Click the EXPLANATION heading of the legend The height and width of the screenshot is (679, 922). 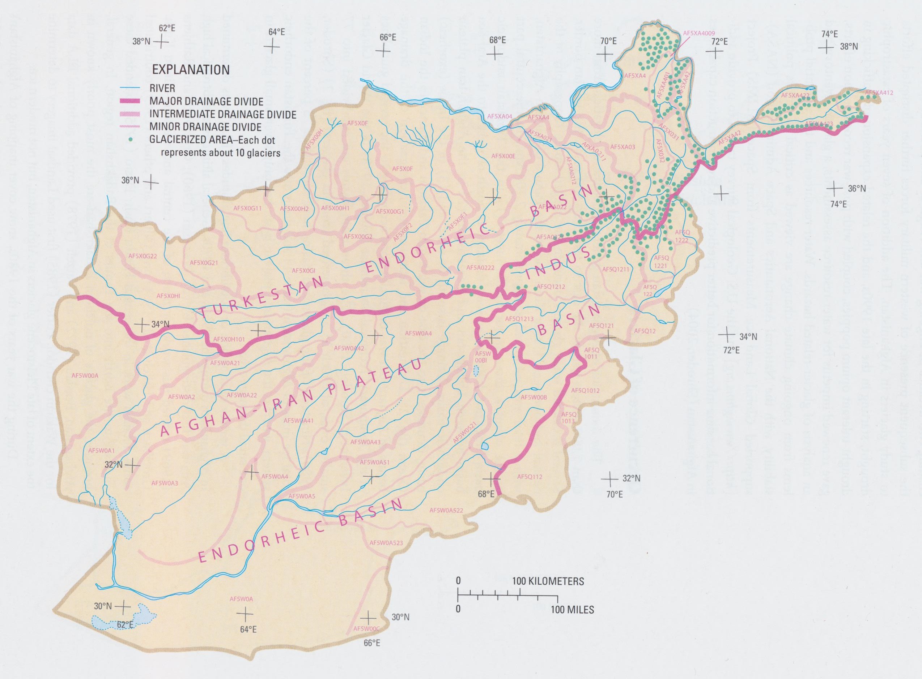click(x=191, y=69)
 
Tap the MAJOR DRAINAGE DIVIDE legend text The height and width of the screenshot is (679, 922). click(x=207, y=102)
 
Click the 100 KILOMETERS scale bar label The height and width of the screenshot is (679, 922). click(x=548, y=581)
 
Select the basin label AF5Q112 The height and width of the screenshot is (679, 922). click(x=530, y=477)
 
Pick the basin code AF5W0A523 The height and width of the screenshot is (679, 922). click(x=386, y=543)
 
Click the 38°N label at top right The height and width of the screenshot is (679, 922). click(x=849, y=47)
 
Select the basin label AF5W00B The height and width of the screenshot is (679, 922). click(x=534, y=397)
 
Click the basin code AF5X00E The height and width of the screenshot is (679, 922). click(x=503, y=156)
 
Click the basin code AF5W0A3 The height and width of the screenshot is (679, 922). click(x=165, y=483)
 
